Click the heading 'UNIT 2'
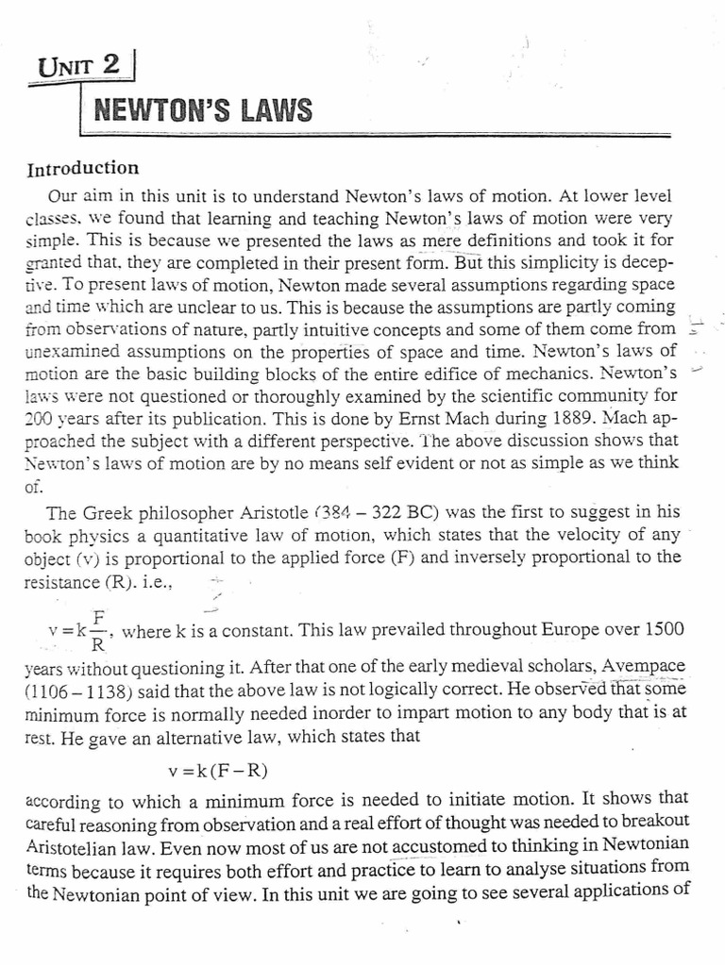coord(82,69)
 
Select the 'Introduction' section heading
coord(83,170)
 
